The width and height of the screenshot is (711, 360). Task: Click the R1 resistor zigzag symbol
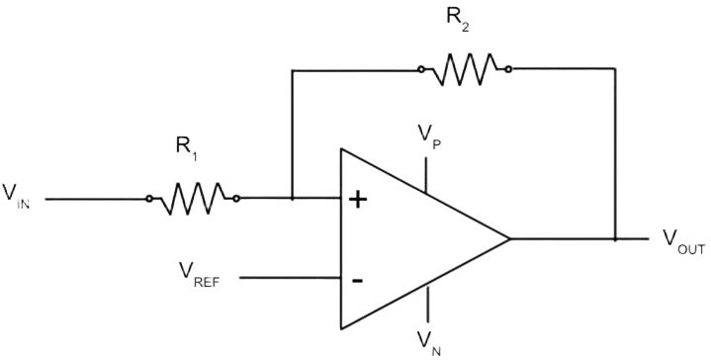click(193, 198)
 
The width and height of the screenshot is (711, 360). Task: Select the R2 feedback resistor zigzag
click(465, 69)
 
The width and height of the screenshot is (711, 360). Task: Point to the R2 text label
click(458, 20)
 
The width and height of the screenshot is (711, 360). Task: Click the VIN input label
click(17, 196)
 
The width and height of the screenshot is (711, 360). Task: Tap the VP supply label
click(429, 137)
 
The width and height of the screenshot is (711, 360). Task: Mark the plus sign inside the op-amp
click(358, 200)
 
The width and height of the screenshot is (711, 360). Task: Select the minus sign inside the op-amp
click(357, 281)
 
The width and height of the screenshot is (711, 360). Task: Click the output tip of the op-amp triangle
click(509, 238)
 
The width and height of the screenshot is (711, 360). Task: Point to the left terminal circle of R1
click(148, 199)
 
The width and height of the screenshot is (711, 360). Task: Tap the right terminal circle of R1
click(236, 198)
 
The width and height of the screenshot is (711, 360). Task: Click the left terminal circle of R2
click(421, 69)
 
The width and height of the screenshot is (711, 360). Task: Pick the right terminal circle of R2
click(508, 69)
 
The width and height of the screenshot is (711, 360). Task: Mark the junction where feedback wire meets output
click(615, 238)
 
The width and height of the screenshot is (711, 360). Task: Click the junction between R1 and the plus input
click(293, 198)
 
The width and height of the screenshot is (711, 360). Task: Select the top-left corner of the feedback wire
click(293, 70)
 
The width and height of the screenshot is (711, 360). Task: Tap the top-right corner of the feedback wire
click(615, 68)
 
